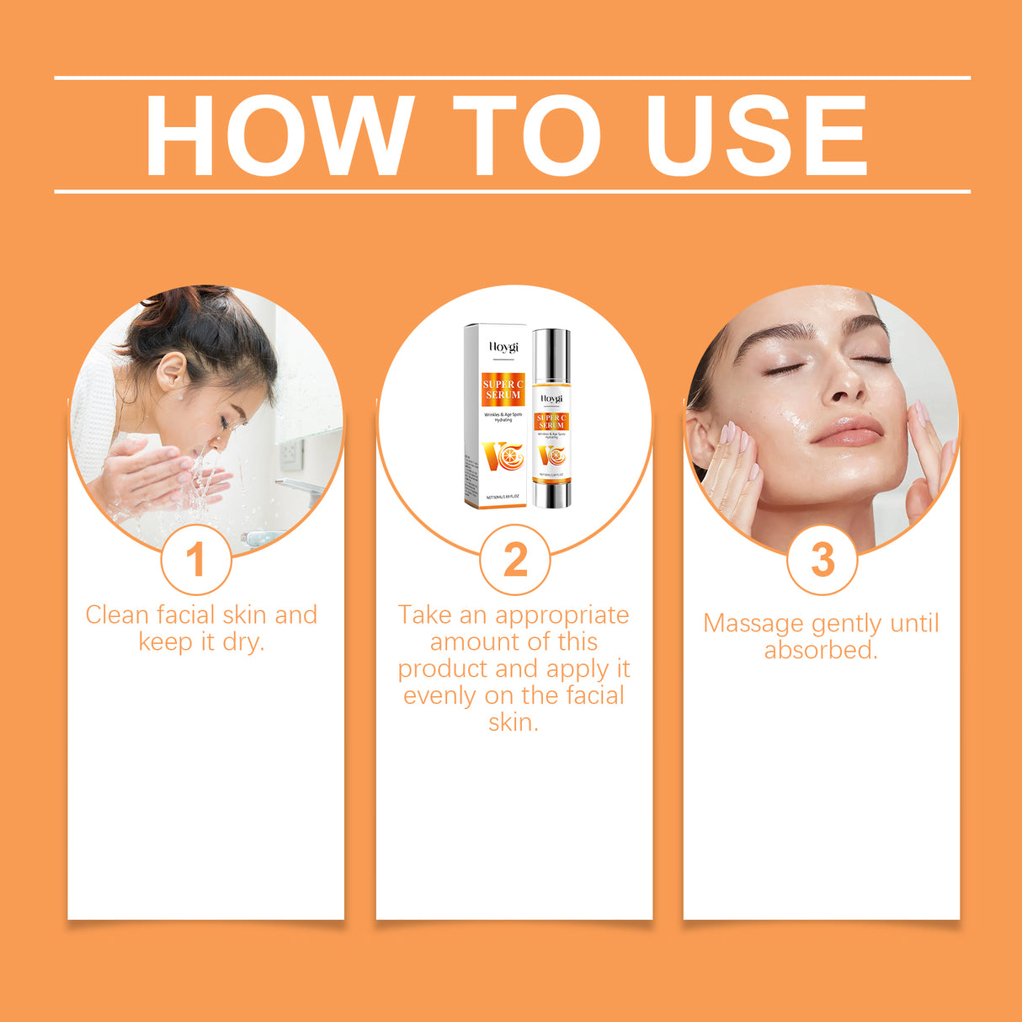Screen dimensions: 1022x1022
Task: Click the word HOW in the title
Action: coord(279,136)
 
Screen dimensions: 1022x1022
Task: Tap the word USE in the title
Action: coord(757,136)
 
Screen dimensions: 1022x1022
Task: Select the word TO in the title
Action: coord(528,136)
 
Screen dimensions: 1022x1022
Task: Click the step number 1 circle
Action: coord(195,560)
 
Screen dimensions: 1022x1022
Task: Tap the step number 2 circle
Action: coord(514,560)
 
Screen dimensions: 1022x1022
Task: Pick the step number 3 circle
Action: coord(822,560)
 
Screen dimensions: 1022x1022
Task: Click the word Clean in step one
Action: coord(117,615)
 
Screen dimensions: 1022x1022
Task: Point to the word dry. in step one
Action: coord(243,641)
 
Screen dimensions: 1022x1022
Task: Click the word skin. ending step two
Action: coord(514,722)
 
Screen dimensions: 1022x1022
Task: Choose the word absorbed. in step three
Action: coord(821,650)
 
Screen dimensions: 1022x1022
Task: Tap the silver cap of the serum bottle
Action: coord(551,354)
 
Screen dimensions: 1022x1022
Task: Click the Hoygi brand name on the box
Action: coord(503,347)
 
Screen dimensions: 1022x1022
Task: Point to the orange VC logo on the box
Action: coord(503,455)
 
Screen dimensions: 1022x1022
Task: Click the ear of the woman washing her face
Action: coord(170,370)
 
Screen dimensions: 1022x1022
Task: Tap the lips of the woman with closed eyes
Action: coord(848,431)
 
